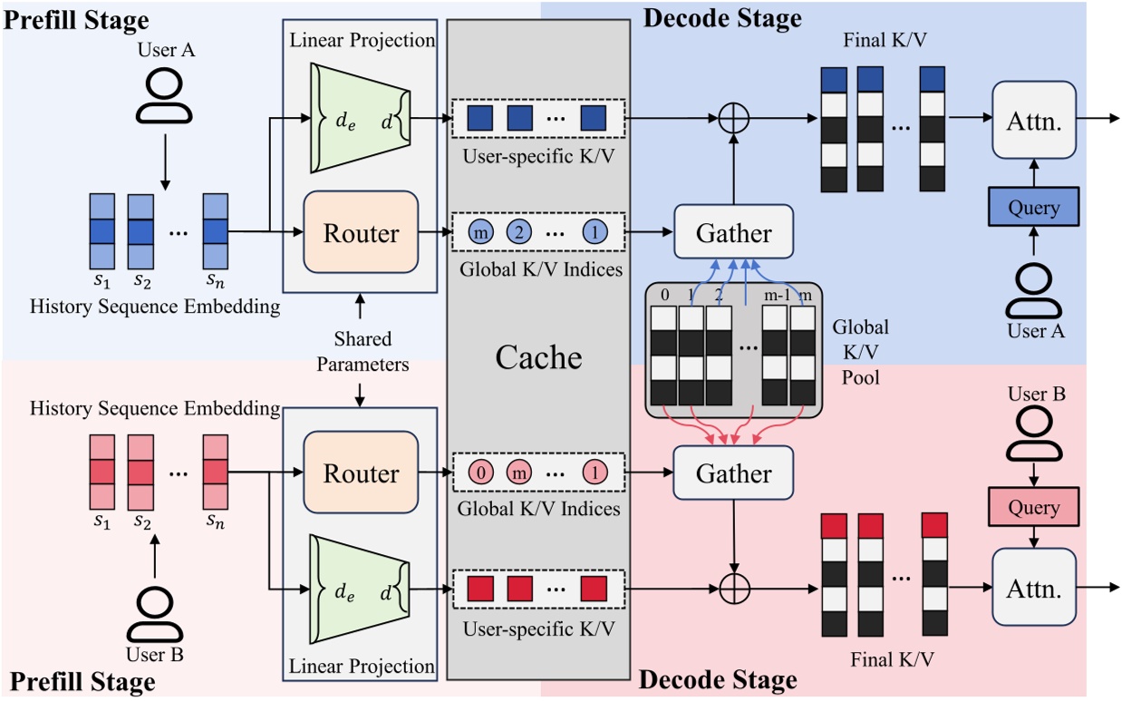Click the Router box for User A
pyautogui.click(x=361, y=232)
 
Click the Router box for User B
pyautogui.click(x=361, y=473)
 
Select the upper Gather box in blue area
pyautogui.click(x=733, y=233)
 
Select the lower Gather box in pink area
pyautogui.click(x=733, y=473)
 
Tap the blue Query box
pyautogui.click(x=1033, y=207)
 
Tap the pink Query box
pyautogui.click(x=1033, y=507)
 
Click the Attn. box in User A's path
pyautogui.click(x=1033, y=119)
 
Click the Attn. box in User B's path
pyautogui.click(x=1033, y=588)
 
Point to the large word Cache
pyautogui.click(x=538, y=356)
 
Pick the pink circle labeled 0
pyautogui.click(x=481, y=473)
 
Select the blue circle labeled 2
pyautogui.click(x=518, y=233)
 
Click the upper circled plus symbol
pyautogui.click(x=732, y=119)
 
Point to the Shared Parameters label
pyautogui.click(x=362, y=351)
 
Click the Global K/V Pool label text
pyautogui.click(x=860, y=351)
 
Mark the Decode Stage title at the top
pyautogui.click(x=721, y=17)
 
